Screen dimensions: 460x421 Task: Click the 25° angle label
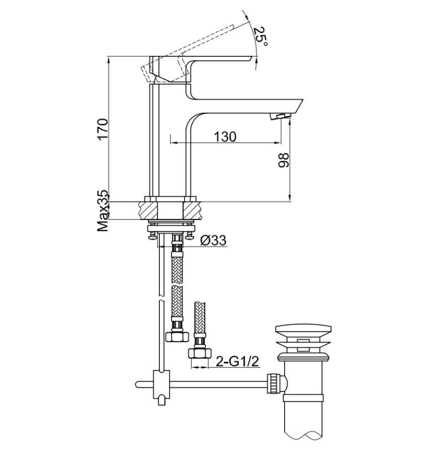[x=260, y=37]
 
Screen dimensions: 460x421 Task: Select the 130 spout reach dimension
[x=225, y=136]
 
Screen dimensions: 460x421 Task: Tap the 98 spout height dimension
[x=283, y=161]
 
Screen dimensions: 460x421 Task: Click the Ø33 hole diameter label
[x=213, y=241]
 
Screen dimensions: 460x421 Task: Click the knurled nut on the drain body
[x=274, y=382]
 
